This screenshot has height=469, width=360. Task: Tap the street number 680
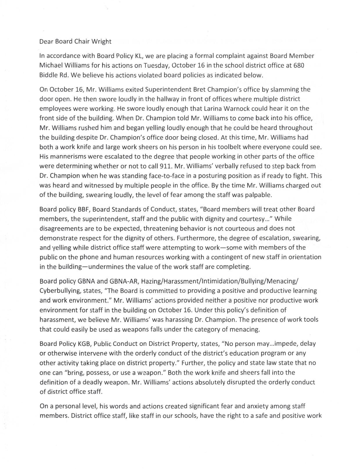pos(299,65)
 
